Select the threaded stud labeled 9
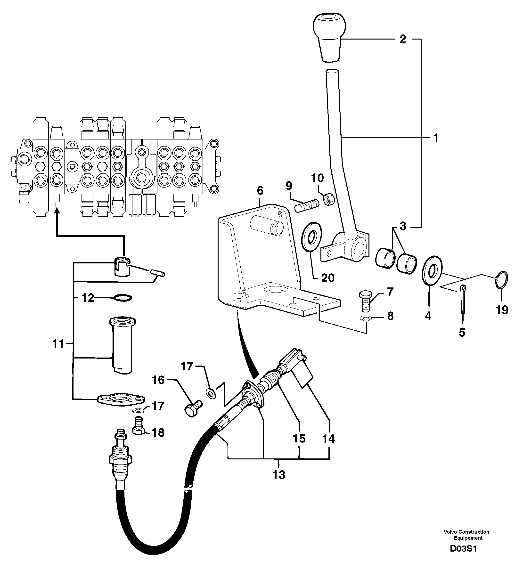click(x=307, y=206)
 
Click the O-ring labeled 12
click(x=123, y=298)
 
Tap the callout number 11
click(x=58, y=343)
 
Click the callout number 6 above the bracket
click(x=260, y=190)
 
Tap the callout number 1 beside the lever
click(x=436, y=138)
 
